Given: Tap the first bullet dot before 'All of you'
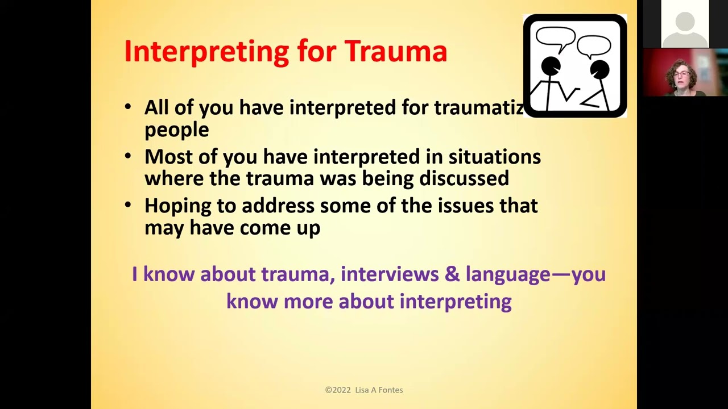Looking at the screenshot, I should coord(128,107).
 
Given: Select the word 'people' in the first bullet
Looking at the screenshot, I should coord(176,130).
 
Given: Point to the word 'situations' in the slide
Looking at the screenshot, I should coord(494,157).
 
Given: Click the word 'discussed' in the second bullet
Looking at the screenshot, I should coord(464,178).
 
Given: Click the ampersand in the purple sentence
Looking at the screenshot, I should coord(452,274).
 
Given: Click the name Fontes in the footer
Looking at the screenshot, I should coord(390,390).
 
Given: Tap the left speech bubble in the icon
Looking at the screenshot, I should coord(555,38).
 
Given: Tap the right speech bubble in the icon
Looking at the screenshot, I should coord(594,45).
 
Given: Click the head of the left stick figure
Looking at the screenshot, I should coord(551,66).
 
